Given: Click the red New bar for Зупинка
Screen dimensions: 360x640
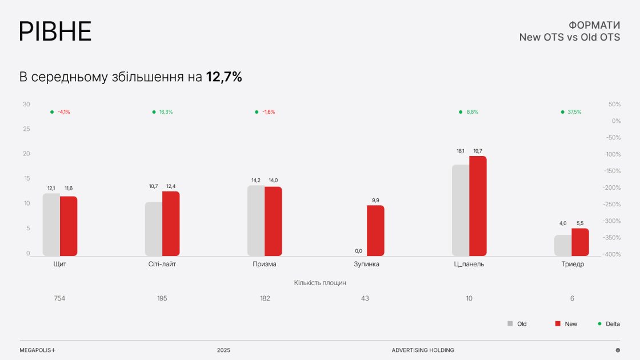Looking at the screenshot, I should coord(375,230).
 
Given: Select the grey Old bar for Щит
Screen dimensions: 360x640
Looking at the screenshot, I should coord(51,225).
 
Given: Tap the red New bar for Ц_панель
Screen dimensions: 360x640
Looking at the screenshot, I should coord(478,206).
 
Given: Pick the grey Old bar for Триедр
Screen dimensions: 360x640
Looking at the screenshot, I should coord(563,245).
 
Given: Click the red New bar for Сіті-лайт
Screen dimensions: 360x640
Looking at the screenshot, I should coord(171,223).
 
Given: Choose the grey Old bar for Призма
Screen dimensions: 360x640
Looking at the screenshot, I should coord(256,221).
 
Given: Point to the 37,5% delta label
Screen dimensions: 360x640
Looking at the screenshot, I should coord(574,112).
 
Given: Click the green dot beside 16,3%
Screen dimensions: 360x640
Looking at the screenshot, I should coord(154,112).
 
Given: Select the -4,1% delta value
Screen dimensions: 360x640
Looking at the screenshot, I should coord(63,112).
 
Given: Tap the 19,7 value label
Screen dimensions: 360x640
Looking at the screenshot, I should coord(478,151).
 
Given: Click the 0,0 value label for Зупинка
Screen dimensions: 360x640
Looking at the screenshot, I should coord(358,251).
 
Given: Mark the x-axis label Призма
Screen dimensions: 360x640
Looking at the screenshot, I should coord(265,265).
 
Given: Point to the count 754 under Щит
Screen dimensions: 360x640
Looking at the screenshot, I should coord(59,298).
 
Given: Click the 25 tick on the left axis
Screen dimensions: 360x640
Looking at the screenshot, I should coord(26,129).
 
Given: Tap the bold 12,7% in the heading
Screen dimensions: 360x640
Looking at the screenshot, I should coord(224,77).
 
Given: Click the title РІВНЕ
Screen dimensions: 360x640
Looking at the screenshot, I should coord(55,31).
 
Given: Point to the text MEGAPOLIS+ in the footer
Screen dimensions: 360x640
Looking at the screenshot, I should coord(38,350).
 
